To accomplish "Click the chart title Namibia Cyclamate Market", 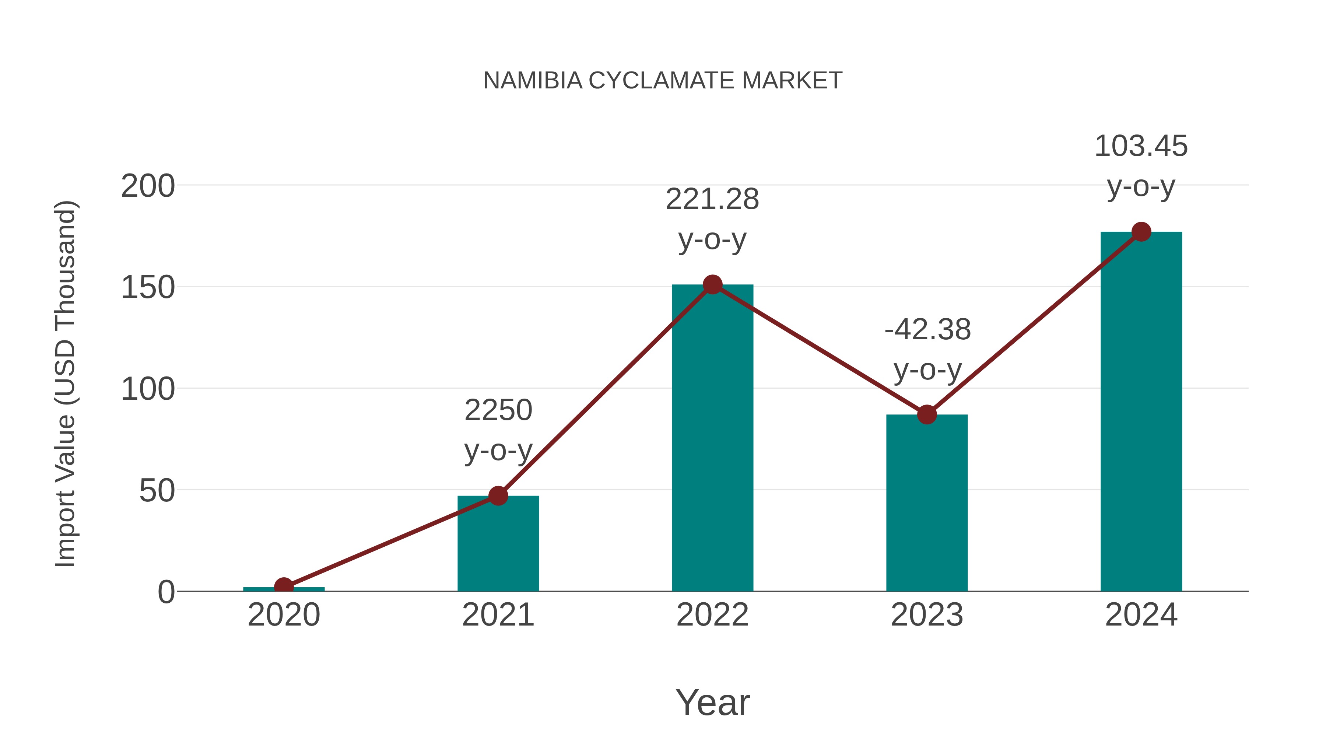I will pos(663,81).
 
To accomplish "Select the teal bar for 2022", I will pos(712,438).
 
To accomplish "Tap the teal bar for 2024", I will pos(1141,412).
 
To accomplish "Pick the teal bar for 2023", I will pos(927,502).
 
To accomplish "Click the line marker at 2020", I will pos(284,586).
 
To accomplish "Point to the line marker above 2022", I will pos(712,284).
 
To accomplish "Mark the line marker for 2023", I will pos(927,414).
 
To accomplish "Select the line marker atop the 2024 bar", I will pos(1141,232).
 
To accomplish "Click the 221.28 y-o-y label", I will pos(712,219).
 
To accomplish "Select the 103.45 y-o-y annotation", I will pos(1141,166).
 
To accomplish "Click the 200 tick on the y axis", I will pos(148,186).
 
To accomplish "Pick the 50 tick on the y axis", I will pos(157,491).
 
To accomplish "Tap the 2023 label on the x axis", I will pos(927,615).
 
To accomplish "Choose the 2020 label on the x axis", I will pos(284,615).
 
